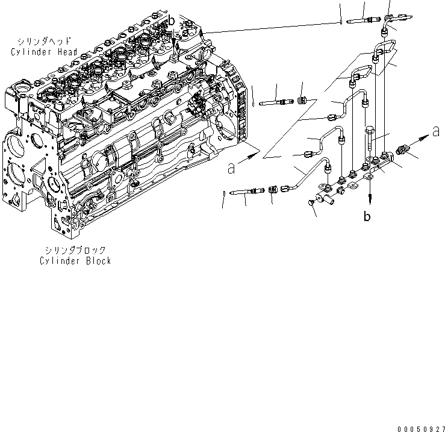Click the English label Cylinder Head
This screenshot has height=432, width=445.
(43, 52)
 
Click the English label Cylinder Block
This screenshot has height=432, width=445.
(75, 261)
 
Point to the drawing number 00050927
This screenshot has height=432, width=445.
(419, 426)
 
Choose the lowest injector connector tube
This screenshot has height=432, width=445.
(247, 192)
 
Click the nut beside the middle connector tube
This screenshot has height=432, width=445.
(303, 100)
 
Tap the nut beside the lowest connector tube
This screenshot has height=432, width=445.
(272, 190)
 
